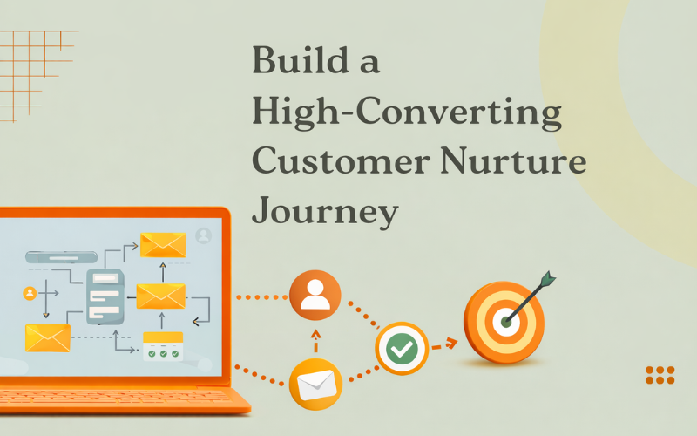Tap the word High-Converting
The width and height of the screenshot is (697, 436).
[x=406, y=112]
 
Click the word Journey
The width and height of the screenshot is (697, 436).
[x=325, y=212]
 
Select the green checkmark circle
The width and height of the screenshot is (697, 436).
[x=402, y=349]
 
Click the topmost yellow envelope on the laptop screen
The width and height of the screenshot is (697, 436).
[x=163, y=245]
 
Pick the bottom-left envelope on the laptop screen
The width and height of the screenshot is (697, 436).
[x=47, y=337]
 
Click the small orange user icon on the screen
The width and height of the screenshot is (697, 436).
[x=30, y=293]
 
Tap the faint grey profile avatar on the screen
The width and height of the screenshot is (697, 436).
[x=204, y=235]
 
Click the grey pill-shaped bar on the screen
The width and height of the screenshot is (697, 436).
[x=61, y=257]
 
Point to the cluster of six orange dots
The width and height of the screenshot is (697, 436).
[x=660, y=375]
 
